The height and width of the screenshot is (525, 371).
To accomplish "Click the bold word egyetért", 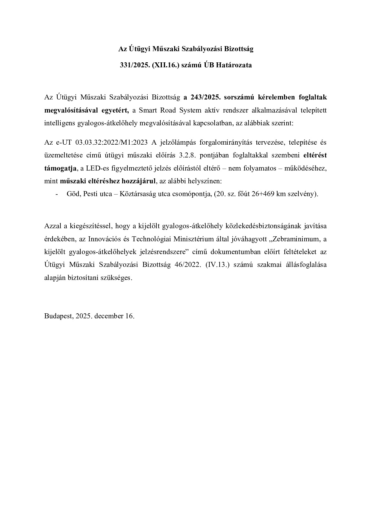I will (114, 110).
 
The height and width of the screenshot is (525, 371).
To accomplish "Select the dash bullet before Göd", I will (56, 194).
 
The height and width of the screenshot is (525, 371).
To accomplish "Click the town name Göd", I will (73, 194).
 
